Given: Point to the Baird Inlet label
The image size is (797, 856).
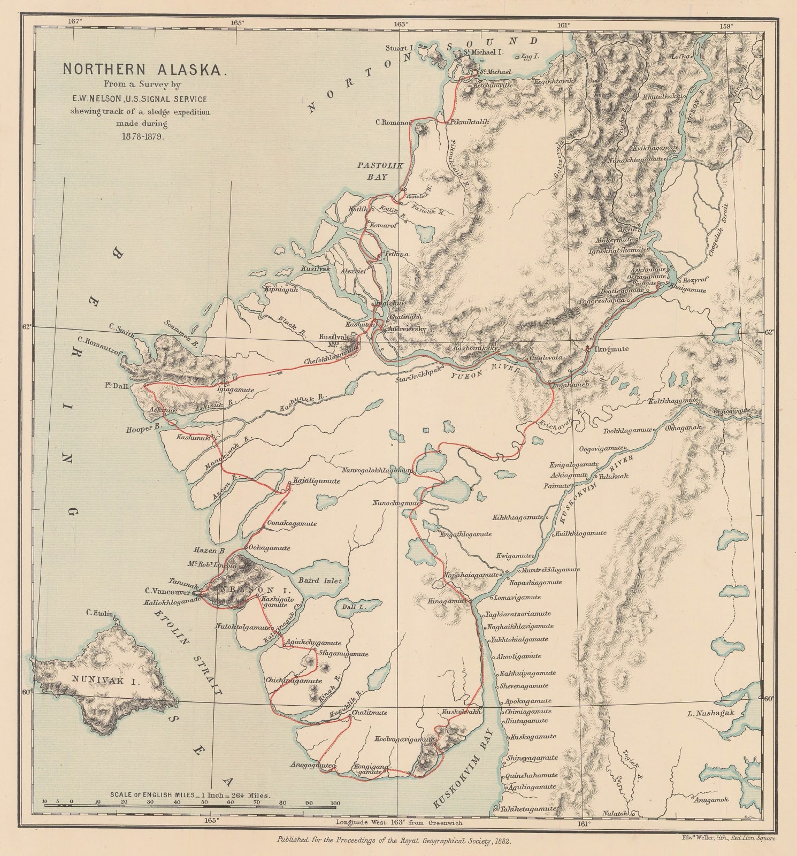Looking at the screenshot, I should tap(319, 580).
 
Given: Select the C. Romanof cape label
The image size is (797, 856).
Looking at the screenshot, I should tap(393, 122).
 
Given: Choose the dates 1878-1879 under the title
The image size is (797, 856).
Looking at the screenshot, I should tap(139, 136).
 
